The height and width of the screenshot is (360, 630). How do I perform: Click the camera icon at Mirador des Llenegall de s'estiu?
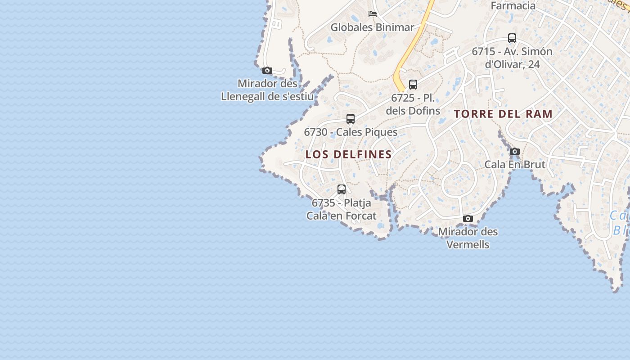click(x=267, y=70)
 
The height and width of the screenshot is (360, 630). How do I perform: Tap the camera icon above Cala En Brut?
click(x=515, y=151)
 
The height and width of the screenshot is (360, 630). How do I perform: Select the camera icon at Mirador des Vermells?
click(x=468, y=218)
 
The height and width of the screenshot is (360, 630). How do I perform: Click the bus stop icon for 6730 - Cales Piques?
click(x=351, y=119)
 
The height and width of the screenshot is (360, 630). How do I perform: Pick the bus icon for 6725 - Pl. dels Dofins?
click(x=413, y=84)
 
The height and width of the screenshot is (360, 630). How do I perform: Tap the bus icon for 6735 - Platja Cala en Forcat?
click(x=342, y=189)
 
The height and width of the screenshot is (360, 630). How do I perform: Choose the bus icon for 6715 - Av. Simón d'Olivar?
click(x=512, y=38)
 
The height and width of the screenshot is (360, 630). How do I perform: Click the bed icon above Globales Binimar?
click(x=373, y=13)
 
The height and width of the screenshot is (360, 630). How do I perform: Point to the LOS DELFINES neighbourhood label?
click(x=349, y=154)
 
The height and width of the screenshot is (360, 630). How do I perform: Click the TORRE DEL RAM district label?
click(x=503, y=114)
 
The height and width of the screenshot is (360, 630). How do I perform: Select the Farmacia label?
click(x=513, y=6)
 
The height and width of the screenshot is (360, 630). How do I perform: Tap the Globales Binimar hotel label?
click(x=372, y=27)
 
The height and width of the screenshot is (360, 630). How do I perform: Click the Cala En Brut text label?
click(x=515, y=164)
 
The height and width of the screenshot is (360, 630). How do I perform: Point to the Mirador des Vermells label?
click(x=468, y=238)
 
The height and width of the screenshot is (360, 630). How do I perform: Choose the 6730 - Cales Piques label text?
click(x=351, y=132)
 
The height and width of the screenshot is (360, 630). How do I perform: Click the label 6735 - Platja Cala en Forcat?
click(x=342, y=209)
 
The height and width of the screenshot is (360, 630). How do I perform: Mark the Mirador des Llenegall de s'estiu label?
click(x=267, y=90)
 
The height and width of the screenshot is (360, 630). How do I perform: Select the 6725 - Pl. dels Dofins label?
click(x=413, y=104)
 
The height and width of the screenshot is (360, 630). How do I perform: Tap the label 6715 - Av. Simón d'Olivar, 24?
click(x=512, y=58)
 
